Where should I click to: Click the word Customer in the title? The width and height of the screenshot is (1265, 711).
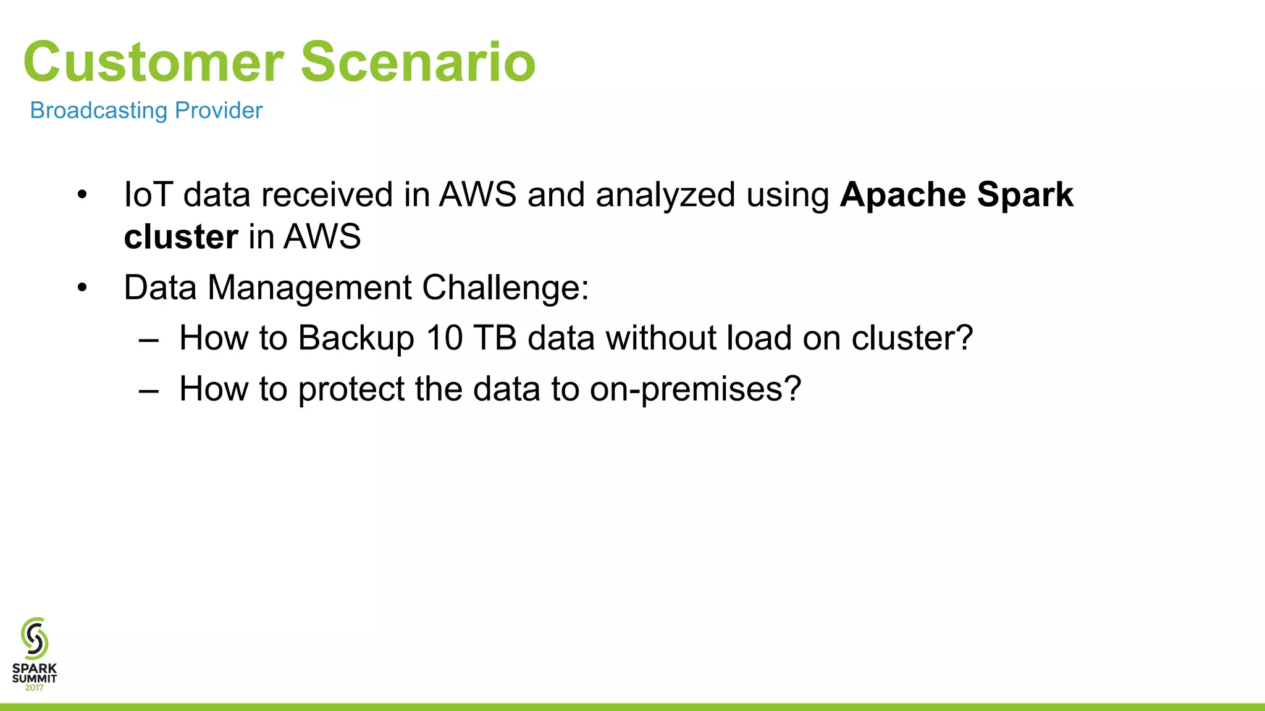(153, 62)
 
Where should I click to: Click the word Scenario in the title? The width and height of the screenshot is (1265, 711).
(418, 62)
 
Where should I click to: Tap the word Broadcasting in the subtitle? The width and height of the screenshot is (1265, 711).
(99, 110)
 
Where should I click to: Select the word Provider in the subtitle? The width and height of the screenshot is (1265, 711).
(219, 110)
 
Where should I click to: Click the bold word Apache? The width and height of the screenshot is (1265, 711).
(902, 194)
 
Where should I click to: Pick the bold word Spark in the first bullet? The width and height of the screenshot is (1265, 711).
(1025, 194)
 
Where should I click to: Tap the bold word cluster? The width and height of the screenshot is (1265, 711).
(180, 236)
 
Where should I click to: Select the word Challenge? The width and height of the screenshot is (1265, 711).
(505, 288)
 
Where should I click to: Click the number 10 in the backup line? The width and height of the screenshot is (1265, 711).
(444, 338)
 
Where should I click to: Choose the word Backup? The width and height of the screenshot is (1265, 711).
(356, 338)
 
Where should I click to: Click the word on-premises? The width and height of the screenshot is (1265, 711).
(695, 389)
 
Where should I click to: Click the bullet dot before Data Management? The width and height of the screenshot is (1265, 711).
(82, 288)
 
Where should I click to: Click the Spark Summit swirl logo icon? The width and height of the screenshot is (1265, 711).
(35, 638)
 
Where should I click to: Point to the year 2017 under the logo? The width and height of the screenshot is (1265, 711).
(35, 688)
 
